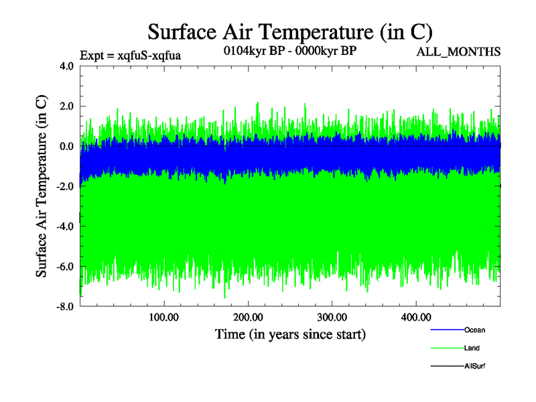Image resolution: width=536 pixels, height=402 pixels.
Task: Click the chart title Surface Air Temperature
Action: click(290, 31)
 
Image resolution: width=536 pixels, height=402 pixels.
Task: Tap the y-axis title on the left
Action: click(42, 186)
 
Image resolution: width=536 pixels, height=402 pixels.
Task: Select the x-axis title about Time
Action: click(290, 333)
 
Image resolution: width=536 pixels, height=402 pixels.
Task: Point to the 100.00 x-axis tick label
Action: click(164, 317)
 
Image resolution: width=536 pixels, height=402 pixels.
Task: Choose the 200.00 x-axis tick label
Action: click(248, 317)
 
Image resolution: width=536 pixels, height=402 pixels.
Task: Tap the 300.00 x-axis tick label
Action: click(332, 317)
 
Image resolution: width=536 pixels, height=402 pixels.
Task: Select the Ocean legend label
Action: click(474, 330)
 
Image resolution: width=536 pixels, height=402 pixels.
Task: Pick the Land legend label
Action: click(472, 348)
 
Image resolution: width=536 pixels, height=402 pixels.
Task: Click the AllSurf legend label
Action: click(474, 366)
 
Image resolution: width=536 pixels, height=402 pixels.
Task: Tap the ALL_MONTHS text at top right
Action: click(458, 52)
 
